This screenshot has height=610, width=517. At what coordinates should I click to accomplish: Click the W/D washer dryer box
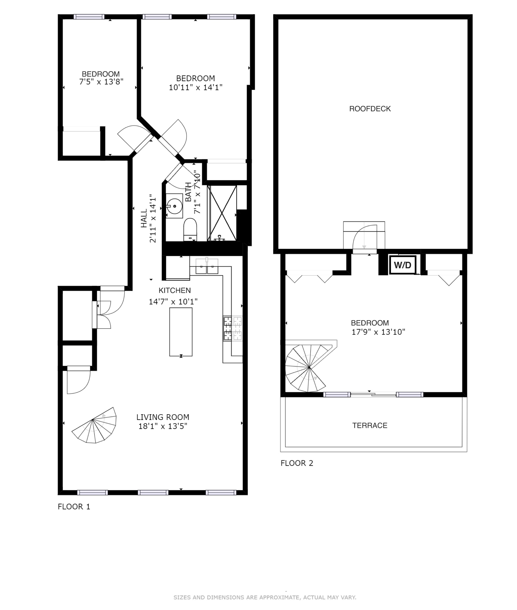[402, 265]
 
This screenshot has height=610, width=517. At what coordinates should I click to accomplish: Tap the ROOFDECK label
[370, 109]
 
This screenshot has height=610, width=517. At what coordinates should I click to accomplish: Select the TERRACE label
[370, 425]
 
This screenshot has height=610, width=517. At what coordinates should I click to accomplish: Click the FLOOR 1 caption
[74, 507]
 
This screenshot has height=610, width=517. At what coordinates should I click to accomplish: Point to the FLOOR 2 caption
[297, 463]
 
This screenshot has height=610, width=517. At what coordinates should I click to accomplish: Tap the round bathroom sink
[174, 206]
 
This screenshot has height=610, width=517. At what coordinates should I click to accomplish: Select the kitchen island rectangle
[181, 332]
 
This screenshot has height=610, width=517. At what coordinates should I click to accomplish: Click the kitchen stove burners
[233, 328]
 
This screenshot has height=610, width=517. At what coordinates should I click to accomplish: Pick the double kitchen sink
[207, 266]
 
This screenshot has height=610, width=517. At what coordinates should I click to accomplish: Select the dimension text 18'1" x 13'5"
[163, 426]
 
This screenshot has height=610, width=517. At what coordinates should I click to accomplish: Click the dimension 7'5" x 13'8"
[101, 82]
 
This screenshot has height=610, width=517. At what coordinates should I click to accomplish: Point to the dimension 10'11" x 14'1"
[195, 87]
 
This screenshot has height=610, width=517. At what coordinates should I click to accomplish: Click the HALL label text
[144, 218]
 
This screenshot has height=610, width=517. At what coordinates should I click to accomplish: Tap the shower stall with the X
[222, 213]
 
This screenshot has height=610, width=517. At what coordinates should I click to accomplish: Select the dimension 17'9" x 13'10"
[378, 332]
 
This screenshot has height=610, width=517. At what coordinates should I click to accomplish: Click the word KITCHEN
[175, 290]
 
